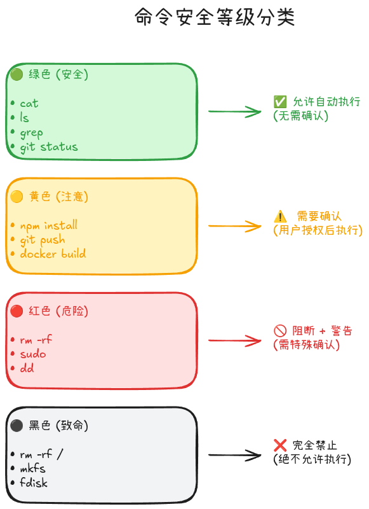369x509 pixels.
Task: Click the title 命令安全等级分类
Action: [x=215, y=17]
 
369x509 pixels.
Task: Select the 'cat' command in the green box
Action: [x=29, y=103]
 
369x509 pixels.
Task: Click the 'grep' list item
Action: [x=31, y=132]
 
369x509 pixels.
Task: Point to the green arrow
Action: [x=234, y=111]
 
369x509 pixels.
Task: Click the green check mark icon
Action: [x=279, y=102]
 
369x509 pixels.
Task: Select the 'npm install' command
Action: [x=48, y=225]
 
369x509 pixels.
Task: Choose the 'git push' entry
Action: [x=42, y=240]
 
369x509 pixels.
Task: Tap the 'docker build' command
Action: [x=53, y=254]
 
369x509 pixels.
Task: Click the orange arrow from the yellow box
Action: [x=234, y=226]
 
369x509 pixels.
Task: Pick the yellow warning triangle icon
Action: [x=279, y=216]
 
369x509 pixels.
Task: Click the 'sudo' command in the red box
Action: [x=33, y=354]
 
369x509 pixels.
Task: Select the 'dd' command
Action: [x=27, y=368]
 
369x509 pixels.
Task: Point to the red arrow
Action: [x=234, y=340]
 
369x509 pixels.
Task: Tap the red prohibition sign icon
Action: [x=279, y=331]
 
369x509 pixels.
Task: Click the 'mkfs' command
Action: [x=32, y=468]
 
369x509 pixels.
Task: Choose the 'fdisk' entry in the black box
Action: [x=34, y=482]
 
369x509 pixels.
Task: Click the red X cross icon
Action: [x=279, y=445]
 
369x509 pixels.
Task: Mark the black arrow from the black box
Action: [x=234, y=455]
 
